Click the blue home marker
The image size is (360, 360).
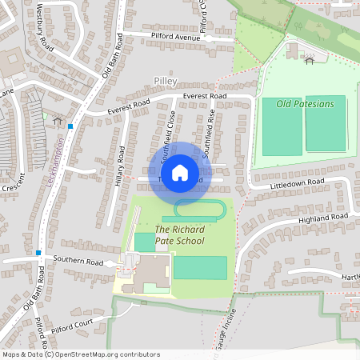tap(179, 173)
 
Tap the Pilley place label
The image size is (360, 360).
tap(165, 82)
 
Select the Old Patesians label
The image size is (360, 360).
tap(305, 103)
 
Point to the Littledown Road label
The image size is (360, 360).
tap(298, 183)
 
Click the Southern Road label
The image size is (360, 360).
tap(79, 262)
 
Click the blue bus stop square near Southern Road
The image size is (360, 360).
tap(38, 253)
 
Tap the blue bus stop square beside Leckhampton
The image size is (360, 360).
tap(71, 126)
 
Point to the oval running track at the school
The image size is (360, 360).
tap(199, 210)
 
